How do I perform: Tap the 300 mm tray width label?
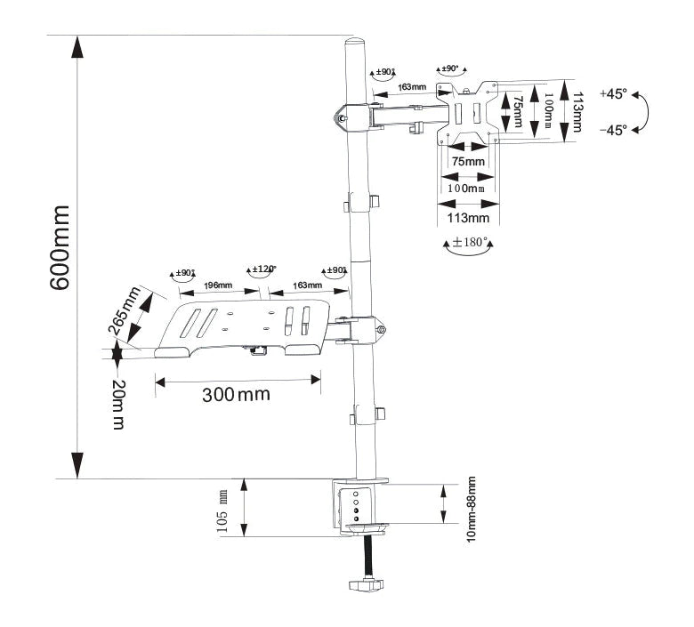(x=236, y=394)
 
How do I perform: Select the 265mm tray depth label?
(x=125, y=312)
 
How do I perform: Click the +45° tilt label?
(x=613, y=93)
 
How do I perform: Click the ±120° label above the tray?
(x=262, y=269)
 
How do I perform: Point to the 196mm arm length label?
(x=218, y=285)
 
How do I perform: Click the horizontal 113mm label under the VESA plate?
(x=467, y=217)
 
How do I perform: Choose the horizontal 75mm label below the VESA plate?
(x=468, y=161)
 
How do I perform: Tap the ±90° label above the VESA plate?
(x=448, y=68)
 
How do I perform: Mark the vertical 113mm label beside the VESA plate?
(x=577, y=111)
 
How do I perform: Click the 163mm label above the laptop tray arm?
(x=307, y=285)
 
